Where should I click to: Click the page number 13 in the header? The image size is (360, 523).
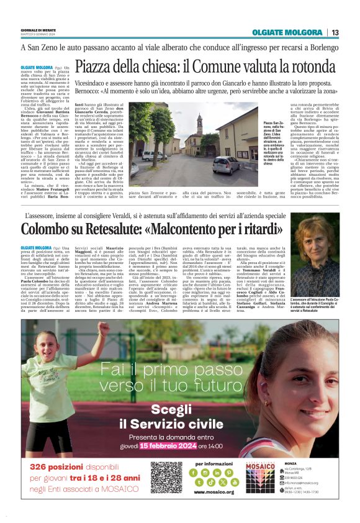click(x=335, y=32)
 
